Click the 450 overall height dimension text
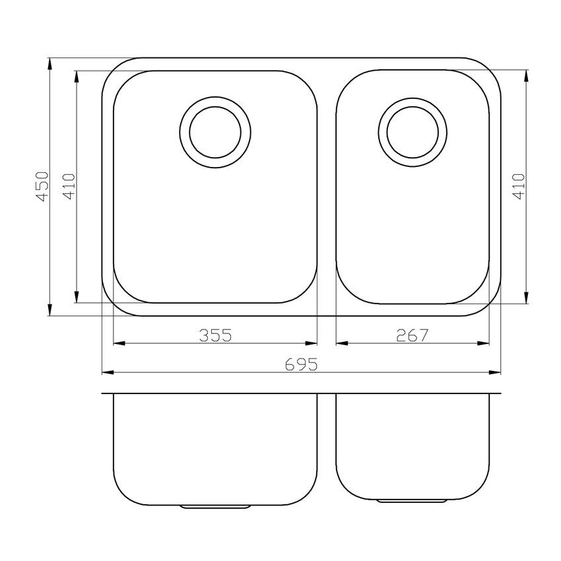pyautogui.click(x=41, y=187)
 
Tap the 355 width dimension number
pyautogui.click(x=215, y=335)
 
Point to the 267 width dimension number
pyautogui.click(x=412, y=335)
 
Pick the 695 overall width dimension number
pyautogui.click(x=302, y=364)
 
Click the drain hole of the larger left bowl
pyautogui.click(x=215, y=131)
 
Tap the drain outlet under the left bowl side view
pyautogui.click(x=215, y=507)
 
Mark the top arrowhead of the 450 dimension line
pyautogui.click(x=49, y=64)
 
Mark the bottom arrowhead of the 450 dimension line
pyautogui.click(x=49, y=310)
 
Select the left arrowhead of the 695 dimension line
pyautogui.click(x=108, y=373)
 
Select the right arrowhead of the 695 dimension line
pyautogui.click(x=495, y=373)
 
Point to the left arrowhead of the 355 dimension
pyautogui.click(x=119, y=343)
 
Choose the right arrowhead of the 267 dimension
pyautogui.click(x=484, y=343)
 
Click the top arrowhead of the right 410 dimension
pyautogui.click(x=526, y=76)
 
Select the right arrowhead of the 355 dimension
pyautogui.click(x=312, y=343)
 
